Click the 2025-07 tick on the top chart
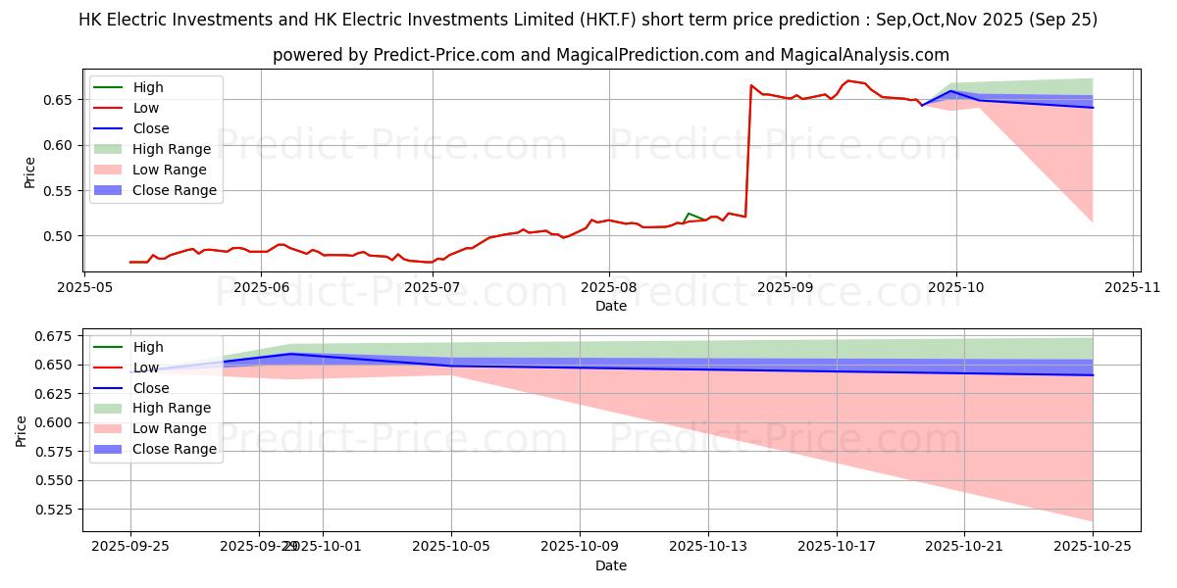433,287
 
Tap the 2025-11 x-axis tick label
1133,287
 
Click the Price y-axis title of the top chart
28,173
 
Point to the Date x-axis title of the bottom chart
611,565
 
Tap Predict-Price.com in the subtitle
444,56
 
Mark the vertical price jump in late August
748,152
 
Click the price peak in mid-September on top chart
848,80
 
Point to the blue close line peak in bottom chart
291,354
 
